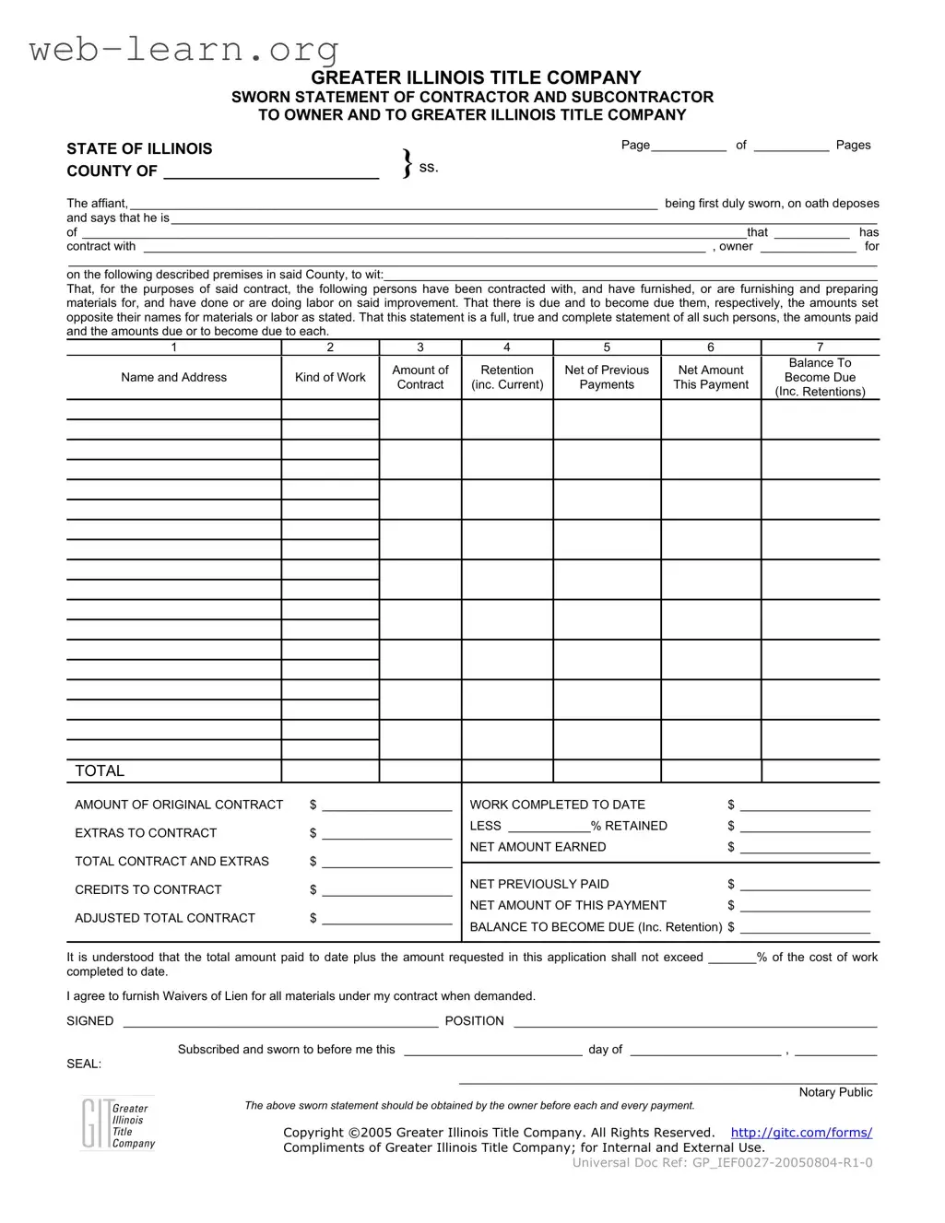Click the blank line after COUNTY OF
pyautogui.click(x=271, y=171)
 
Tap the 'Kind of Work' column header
pyautogui.click(x=330, y=377)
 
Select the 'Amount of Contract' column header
pyautogui.click(x=420, y=377)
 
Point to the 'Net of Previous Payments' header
pyautogui.click(x=607, y=377)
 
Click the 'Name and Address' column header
pyautogui.click(x=173, y=377)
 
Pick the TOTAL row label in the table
pyautogui.click(x=100, y=770)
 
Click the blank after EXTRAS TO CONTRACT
pyautogui.click(x=387, y=833)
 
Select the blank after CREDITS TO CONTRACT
pyautogui.click(x=387, y=890)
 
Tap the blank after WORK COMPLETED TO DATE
pyautogui.click(x=805, y=806)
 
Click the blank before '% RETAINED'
pyautogui.click(x=549, y=827)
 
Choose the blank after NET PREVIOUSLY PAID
pyautogui.click(x=805, y=885)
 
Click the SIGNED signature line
pyautogui.click(x=280, y=1021)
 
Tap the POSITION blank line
pyautogui.click(x=695, y=1021)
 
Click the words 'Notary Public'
pyautogui.click(x=835, y=1092)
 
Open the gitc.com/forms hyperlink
pyautogui.click(x=801, y=1133)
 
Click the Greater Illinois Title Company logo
pyautogui.click(x=117, y=1124)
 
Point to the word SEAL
pyautogui.click(x=84, y=1064)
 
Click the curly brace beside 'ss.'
pyautogui.click(x=407, y=164)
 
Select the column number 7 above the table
pyautogui.click(x=820, y=347)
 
